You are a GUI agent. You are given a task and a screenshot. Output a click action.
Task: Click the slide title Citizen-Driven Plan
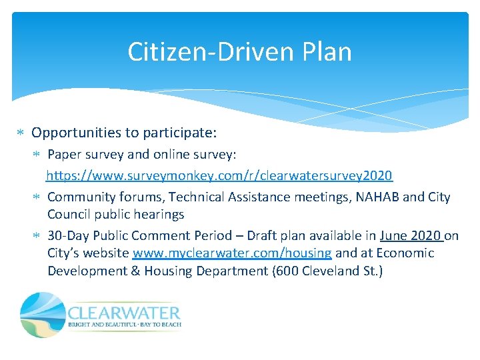point(239,52)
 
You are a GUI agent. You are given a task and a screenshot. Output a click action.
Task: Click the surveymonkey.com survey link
point(219,176)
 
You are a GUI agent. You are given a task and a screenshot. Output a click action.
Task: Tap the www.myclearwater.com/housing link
point(232,253)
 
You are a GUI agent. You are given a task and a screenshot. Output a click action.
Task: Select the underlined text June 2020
point(411,235)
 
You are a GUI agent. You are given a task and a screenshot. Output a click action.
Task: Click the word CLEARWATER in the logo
point(124,313)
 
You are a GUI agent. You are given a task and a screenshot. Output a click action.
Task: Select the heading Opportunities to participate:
point(124,133)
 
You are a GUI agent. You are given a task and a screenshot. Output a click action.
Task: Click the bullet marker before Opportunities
point(23,133)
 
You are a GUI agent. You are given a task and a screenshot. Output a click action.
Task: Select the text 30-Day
point(69,235)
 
